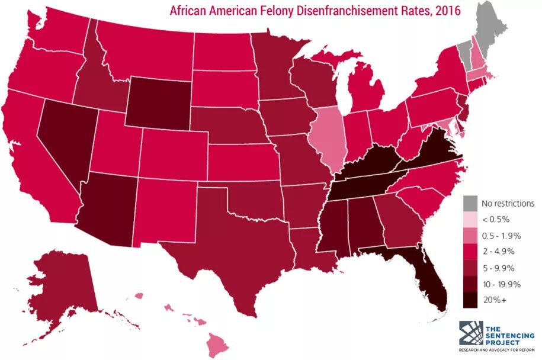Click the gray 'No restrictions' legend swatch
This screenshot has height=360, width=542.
470,203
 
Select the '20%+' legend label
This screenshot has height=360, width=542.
494,301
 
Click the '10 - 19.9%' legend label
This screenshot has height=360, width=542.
501,284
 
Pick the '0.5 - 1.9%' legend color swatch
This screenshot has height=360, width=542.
470,236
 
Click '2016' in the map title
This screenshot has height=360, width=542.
448,10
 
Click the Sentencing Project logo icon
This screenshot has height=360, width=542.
471,333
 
